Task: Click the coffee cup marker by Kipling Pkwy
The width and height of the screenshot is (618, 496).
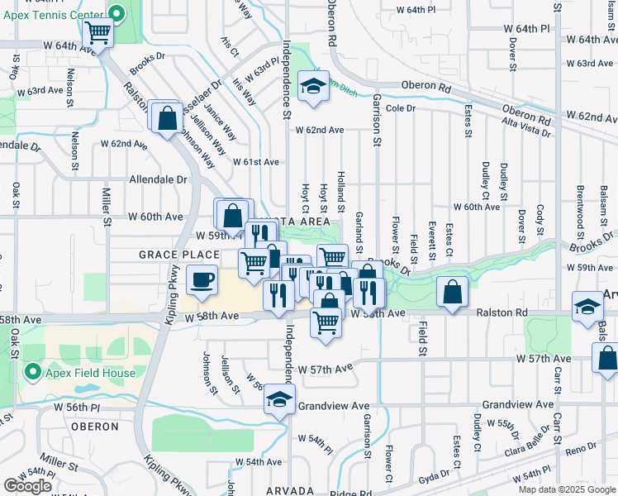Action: [x=202, y=280]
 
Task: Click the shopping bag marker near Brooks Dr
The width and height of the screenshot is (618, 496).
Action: [x=166, y=117]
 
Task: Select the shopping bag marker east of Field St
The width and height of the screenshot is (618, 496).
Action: [x=453, y=292]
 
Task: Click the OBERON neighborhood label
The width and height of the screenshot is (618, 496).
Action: [x=96, y=427]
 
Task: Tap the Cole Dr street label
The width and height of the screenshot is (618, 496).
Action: [x=399, y=108]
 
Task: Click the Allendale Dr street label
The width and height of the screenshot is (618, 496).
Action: [x=159, y=179]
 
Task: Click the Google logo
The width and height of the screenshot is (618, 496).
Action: [x=27, y=486]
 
